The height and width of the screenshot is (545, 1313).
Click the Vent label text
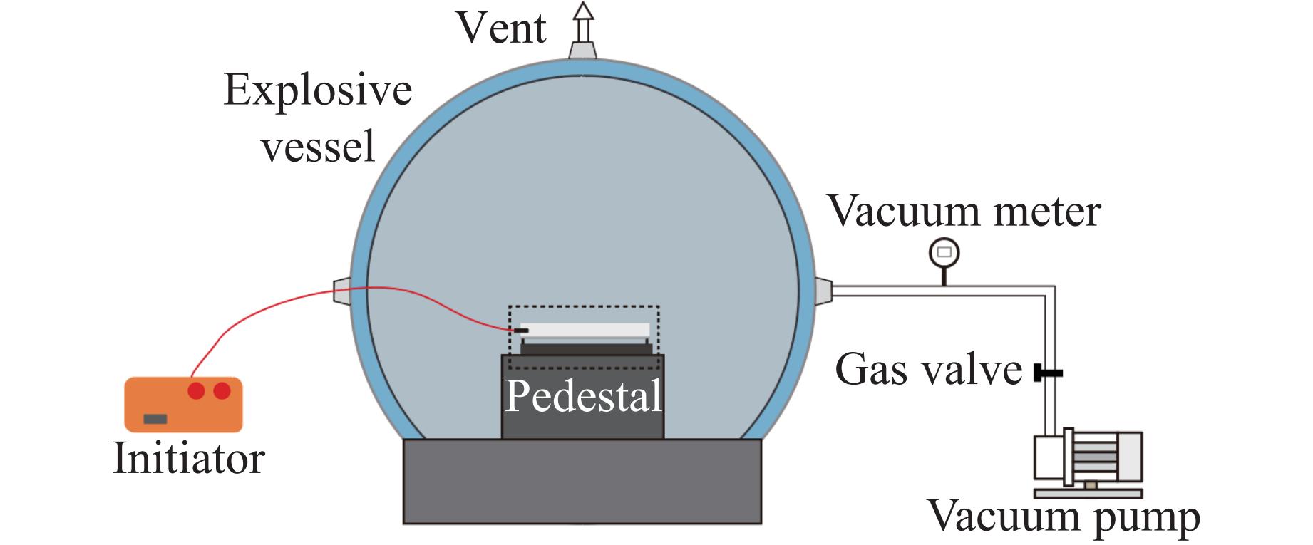click(501, 28)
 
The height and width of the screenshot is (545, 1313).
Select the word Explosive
click(318, 91)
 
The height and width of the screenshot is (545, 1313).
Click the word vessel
click(318, 147)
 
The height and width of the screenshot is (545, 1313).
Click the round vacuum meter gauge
click(944, 252)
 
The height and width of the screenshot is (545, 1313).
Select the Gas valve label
click(928, 369)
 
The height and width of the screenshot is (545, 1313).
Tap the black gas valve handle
click(1048, 373)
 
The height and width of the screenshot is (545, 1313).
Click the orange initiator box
click(183, 405)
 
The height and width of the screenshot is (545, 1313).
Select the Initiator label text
click(189, 458)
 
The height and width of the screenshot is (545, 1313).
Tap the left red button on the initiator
click(196, 390)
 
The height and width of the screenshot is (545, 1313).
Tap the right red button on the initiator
click(222, 390)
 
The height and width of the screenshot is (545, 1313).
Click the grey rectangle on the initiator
click(155, 419)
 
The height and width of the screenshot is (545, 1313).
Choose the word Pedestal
click(583, 396)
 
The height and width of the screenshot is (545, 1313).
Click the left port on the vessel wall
click(342, 291)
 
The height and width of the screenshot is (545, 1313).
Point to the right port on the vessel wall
click(823, 291)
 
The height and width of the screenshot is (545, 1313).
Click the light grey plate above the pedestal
click(585, 330)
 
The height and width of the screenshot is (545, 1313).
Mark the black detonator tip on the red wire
click(520, 330)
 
